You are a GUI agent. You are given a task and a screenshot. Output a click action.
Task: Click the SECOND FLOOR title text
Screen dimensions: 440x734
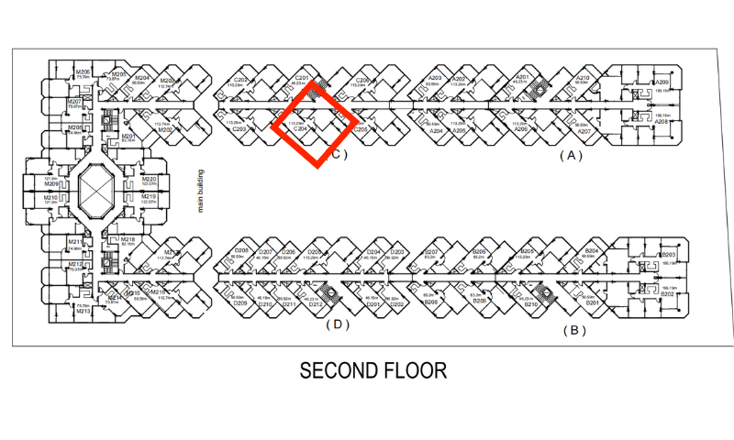pos(373,370)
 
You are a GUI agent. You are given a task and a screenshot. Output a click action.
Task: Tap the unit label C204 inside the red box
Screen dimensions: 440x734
pos(300,129)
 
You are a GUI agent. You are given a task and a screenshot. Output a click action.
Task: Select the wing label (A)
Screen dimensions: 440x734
pos(571,156)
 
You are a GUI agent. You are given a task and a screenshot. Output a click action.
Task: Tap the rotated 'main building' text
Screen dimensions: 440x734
pos(200,192)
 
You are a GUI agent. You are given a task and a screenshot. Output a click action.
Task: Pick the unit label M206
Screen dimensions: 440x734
pos(83,72)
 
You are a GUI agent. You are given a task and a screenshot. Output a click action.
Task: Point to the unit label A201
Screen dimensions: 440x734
pos(523,77)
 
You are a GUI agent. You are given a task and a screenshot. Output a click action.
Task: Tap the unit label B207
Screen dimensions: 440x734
pos(433,251)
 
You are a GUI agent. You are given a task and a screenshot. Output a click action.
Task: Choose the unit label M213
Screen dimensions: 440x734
pos(83,312)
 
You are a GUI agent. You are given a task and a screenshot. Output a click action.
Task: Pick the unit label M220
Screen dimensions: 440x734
pos(149,180)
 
